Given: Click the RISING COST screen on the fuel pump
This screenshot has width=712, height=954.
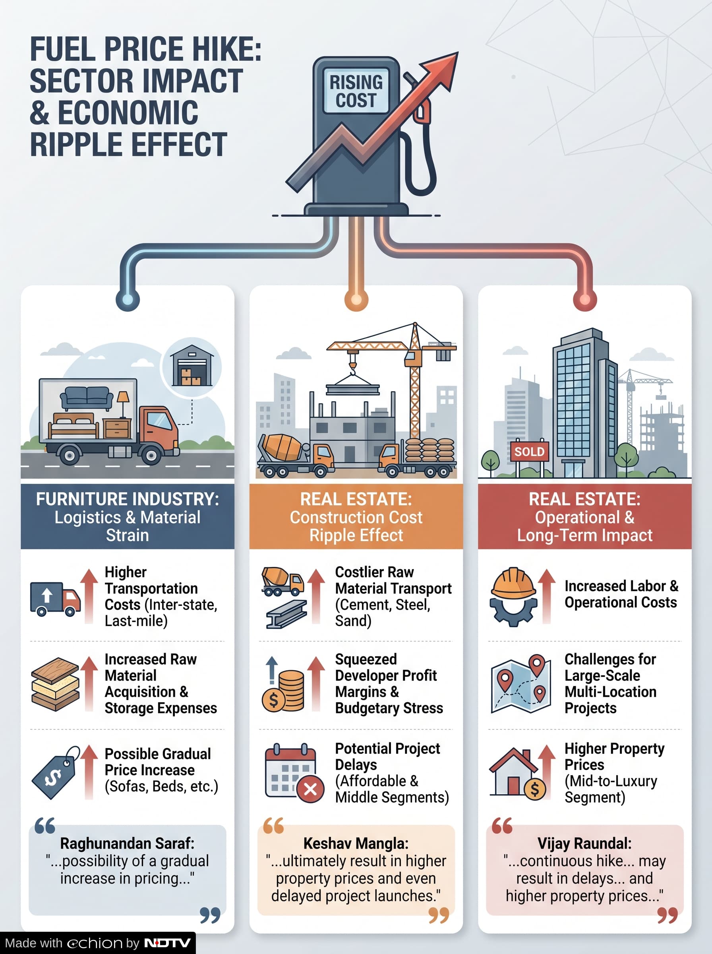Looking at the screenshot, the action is click(x=356, y=91).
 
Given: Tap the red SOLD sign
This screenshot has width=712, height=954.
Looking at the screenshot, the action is click(x=529, y=451).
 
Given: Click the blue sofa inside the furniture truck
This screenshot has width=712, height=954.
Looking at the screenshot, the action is click(x=87, y=397).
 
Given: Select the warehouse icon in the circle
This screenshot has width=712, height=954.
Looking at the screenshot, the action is click(x=192, y=366).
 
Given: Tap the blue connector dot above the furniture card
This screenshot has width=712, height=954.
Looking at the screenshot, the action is click(x=128, y=299).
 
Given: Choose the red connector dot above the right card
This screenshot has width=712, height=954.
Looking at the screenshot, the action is click(x=585, y=299).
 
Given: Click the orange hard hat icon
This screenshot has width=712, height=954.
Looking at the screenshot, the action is click(x=514, y=583).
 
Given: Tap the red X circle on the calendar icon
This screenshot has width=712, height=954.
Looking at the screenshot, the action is click(x=310, y=789).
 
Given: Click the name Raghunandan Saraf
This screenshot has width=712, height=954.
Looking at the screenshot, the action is click(x=127, y=843).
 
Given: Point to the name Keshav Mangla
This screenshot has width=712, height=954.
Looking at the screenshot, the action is click(x=356, y=843).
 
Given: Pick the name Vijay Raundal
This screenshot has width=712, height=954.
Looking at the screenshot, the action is click(x=584, y=843).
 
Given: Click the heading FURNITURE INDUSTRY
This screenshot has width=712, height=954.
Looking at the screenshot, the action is click(x=128, y=499).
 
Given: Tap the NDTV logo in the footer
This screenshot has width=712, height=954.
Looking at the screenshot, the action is click(x=167, y=943).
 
